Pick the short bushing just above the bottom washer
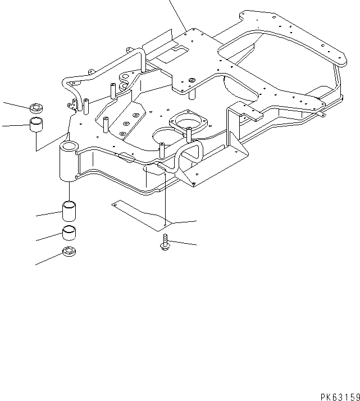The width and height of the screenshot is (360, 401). click(x=70, y=233)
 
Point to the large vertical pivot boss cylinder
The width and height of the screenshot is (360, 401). click(x=68, y=162)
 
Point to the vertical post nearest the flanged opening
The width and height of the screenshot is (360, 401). click(x=189, y=135)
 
